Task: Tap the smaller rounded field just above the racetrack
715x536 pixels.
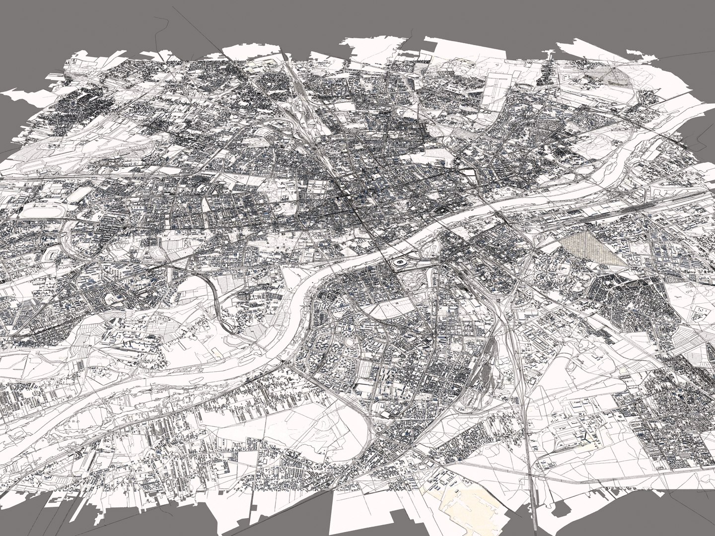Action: [x=79, y=194]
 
